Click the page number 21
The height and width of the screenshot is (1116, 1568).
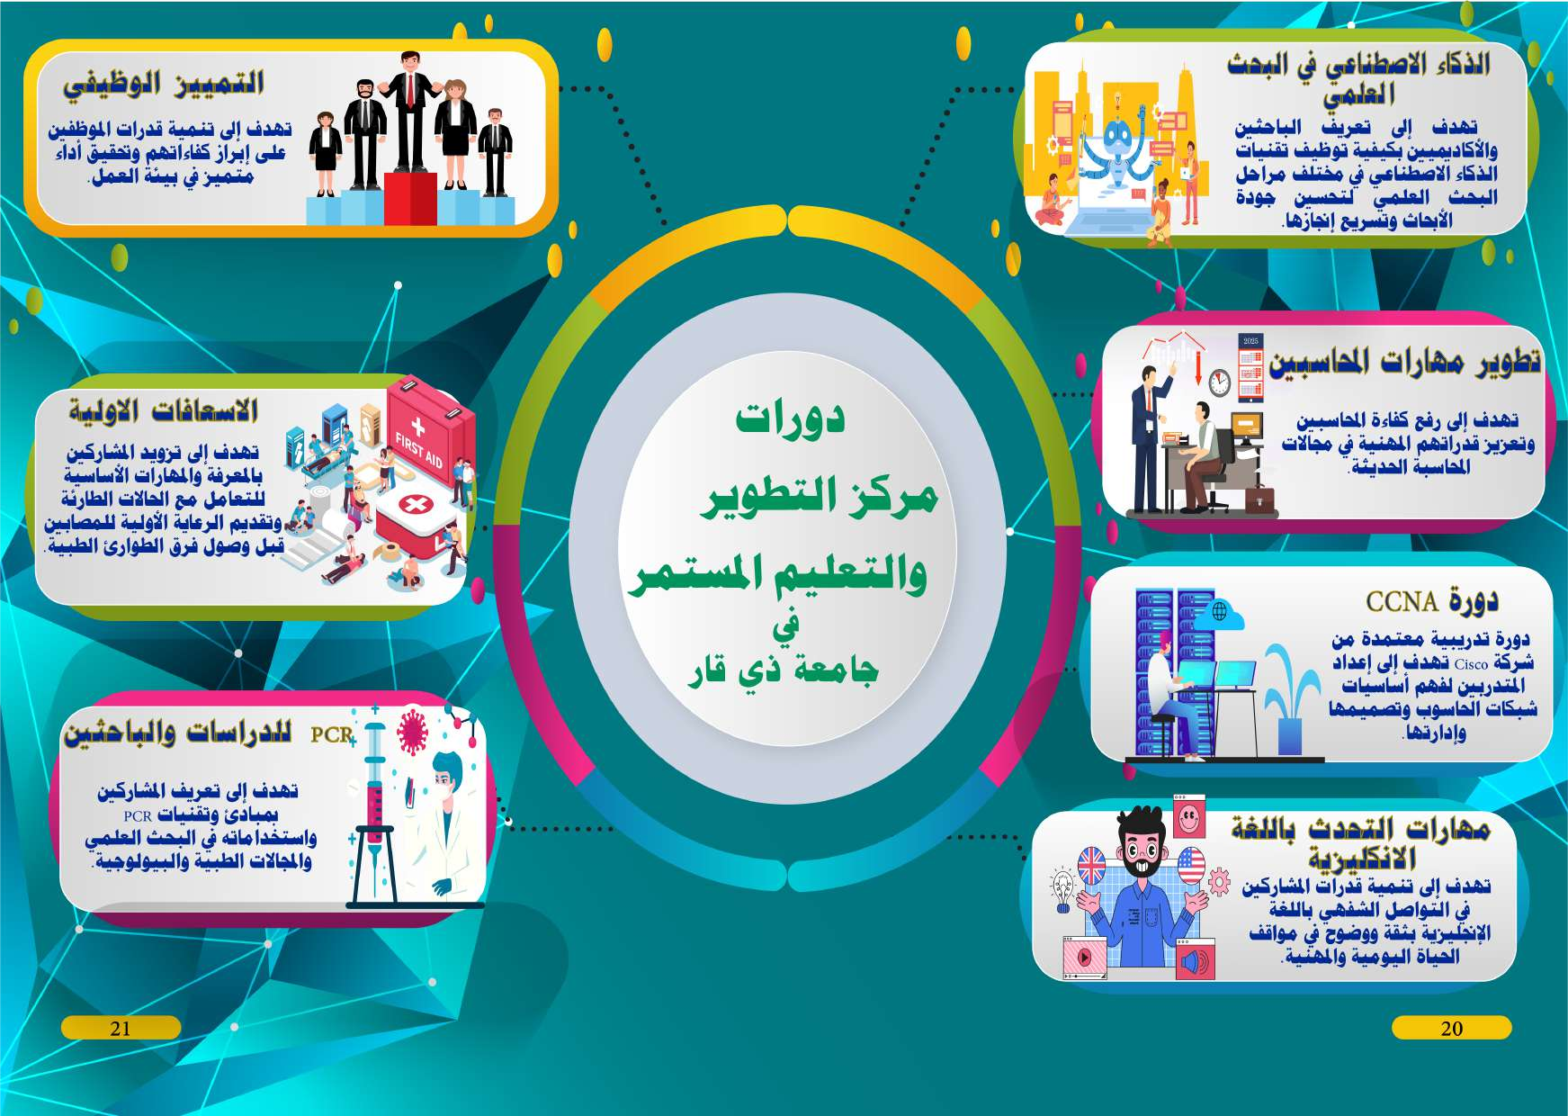click(x=121, y=1029)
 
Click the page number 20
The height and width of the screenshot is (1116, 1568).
click(x=1452, y=1029)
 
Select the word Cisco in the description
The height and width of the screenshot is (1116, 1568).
click(x=1471, y=664)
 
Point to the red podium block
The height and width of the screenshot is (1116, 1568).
click(x=410, y=198)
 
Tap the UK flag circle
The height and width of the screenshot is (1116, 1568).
click(x=1091, y=867)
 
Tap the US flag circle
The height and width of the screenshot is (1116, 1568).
click(x=1190, y=868)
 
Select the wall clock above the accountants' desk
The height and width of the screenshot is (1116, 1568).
click(x=1219, y=382)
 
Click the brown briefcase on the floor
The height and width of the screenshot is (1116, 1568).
click(x=1260, y=500)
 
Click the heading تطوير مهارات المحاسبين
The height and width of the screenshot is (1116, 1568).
click(x=1404, y=361)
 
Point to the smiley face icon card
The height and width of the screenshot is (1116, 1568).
click(x=1189, y=817)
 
